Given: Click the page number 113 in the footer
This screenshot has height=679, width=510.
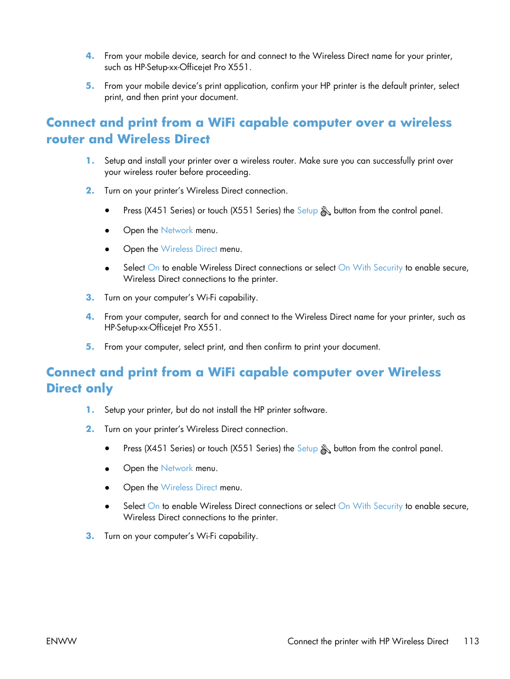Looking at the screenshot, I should click(471, 641).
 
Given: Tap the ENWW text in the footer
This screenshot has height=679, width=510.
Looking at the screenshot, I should click(61, 641).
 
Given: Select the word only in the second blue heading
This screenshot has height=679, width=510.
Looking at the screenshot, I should click(99, 389).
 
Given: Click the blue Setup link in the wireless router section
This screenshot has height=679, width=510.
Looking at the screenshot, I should click(307, 211).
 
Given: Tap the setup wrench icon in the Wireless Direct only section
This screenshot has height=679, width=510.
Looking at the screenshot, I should click(326, 449).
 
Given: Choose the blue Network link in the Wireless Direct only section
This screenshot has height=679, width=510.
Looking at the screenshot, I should click(176, 468).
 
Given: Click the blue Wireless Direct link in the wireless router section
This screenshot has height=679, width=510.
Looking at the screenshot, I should click(189, 249).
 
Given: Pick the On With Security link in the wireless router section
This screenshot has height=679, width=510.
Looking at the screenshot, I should click(370, 268).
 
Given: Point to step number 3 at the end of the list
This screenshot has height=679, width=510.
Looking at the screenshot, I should click(90, 536).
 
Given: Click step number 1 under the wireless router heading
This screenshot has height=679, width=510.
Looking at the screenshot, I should click(90, 161).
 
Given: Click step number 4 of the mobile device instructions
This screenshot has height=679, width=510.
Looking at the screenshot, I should click(90, 56).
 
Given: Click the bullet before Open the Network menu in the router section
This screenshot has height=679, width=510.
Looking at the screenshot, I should click(107, 230).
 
